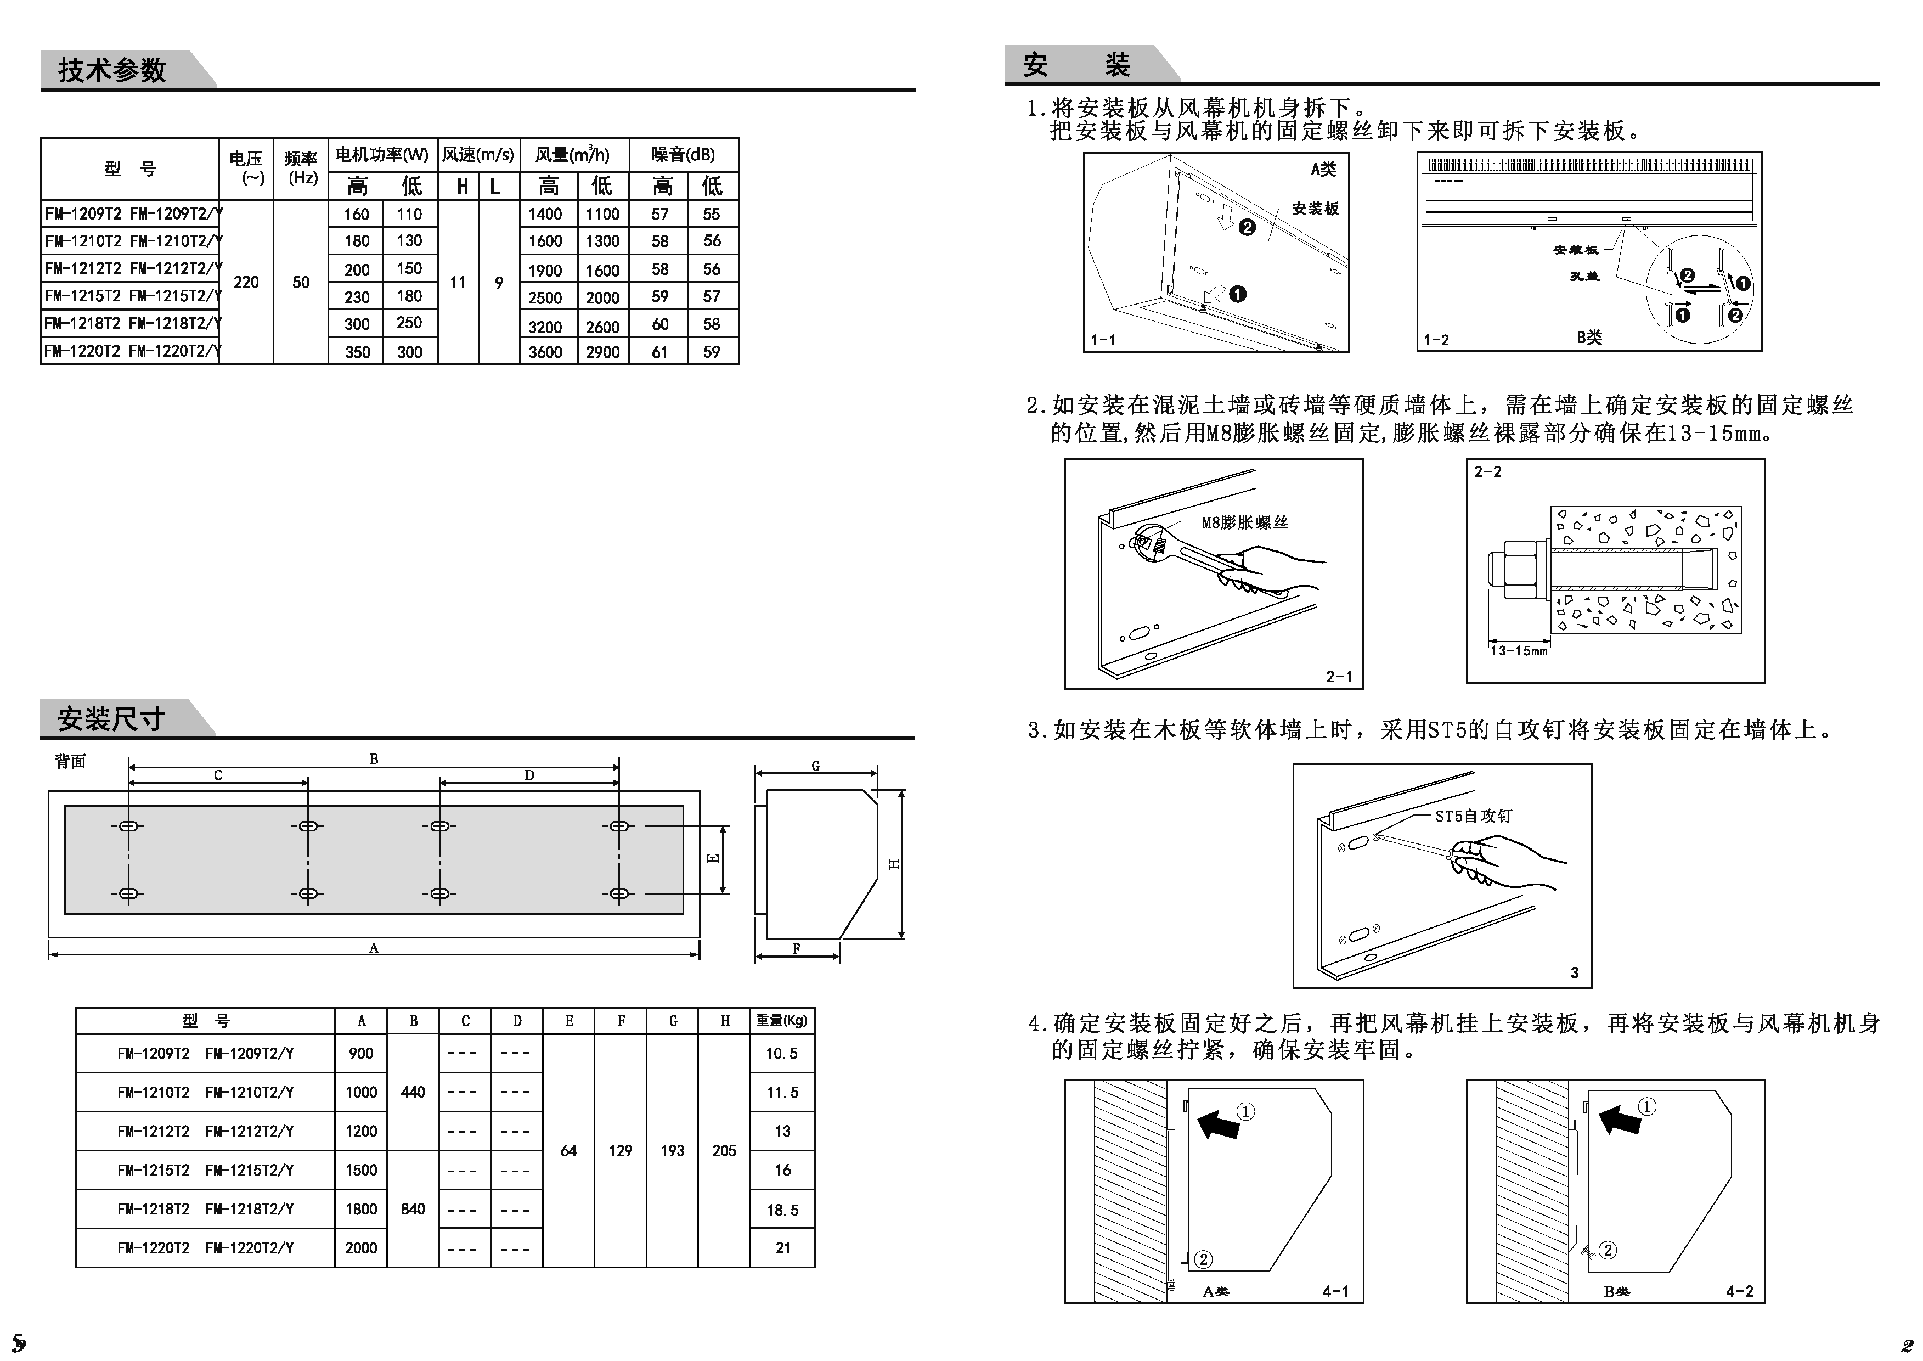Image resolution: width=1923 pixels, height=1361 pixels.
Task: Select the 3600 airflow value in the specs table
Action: pyautogui.click(x=545, y=352)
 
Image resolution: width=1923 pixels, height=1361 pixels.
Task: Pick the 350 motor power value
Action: pyautogui.click(x=357, y=352)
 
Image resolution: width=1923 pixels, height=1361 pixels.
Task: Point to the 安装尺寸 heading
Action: pyautogui.click(x=111, y=719)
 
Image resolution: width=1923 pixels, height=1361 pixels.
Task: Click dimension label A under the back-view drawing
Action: pyautogui.click(x=374, y=948)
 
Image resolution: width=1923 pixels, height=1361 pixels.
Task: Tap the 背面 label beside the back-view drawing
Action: pyautogui.click(x=70, y=761)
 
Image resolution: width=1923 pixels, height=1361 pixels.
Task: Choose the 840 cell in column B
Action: pyautogui.click(x=413, y=1208)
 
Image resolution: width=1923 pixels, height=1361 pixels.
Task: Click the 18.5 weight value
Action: pyautogui.click(x=782, y=1210)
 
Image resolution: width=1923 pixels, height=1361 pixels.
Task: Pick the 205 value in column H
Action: pyautogui.click(x=724, y=1151)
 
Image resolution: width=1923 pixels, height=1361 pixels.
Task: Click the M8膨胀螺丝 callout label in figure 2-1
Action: pyautogui.click(x=1244, y=522)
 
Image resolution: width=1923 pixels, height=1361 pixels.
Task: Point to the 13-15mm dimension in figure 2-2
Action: pyautogui.click(x=1518, y=650)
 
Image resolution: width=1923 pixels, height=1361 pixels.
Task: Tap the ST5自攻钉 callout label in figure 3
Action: pyautogui.click(x=1473, y=816)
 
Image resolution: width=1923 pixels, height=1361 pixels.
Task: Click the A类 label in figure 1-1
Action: pyautogui.click(x=1323, y=169)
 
